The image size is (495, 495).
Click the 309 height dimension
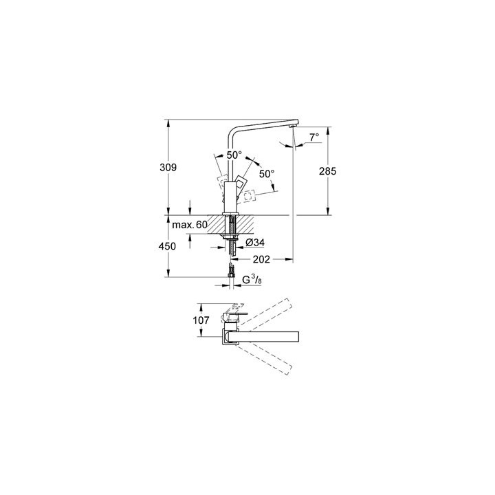pyautogui.click(x=170, y=168)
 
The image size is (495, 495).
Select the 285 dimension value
pyautogui.click(x=328, y=172)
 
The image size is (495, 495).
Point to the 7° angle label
pyautogui.click(x=313, y=137)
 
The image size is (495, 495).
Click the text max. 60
pyautogui.click(x=190, y=225)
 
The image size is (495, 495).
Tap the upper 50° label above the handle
pyautogui.click(x=235, y=155)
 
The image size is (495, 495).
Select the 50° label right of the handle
pyautogui.click(x=266, y=174)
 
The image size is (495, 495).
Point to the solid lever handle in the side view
pyautogui.click(x=242, y=184)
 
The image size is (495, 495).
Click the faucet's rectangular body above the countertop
pyautogui.click(x=230, y=194)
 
